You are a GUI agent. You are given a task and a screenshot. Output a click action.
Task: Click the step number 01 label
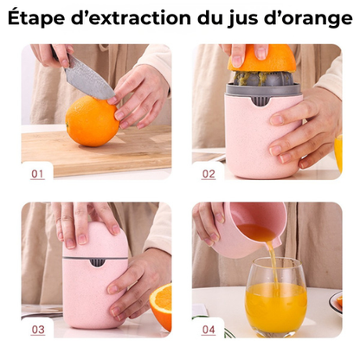tap(37, 173)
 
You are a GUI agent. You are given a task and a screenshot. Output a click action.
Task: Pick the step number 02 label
tap(209, 173)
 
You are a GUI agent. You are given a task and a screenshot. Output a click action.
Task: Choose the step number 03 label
tap(37, 330)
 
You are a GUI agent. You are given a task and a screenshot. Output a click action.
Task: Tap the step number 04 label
tap(209, 330)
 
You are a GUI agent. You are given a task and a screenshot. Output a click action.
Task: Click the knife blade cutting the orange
tap(89, 77)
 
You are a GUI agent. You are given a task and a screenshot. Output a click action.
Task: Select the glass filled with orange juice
tap(276, 299)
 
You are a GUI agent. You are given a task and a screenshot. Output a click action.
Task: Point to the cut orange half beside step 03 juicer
tap(162, 304)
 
